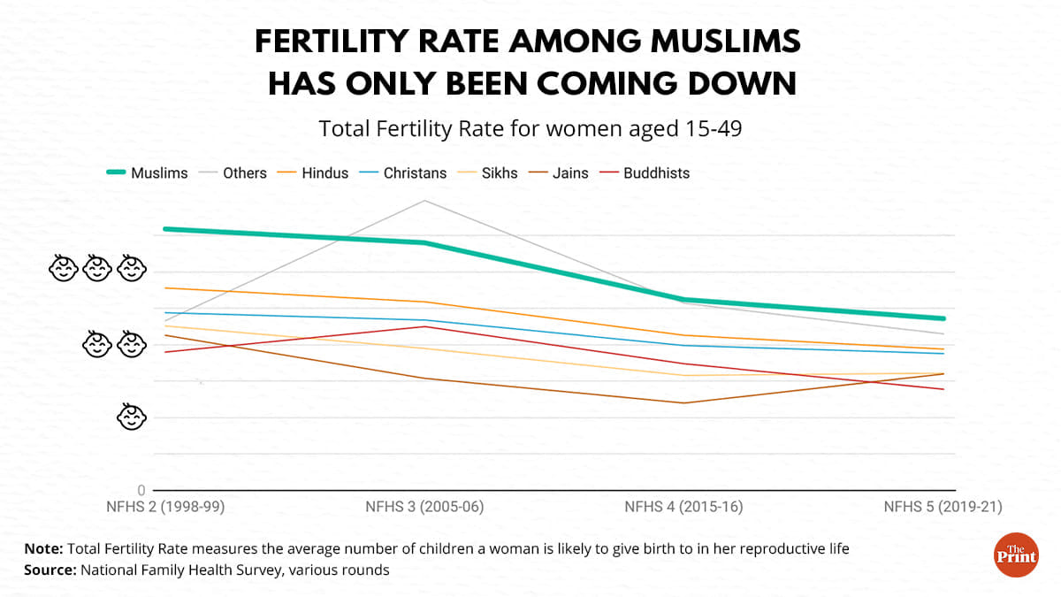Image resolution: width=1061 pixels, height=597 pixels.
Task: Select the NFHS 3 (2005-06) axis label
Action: point(424,508)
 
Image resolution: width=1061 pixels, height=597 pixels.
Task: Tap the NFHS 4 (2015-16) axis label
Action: point(683,508)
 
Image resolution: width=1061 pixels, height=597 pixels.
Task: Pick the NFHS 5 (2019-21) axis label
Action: point(943,508)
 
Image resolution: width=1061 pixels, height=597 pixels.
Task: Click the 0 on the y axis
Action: point(141,490)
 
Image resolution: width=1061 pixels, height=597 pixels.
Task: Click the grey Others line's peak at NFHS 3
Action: point(424,201)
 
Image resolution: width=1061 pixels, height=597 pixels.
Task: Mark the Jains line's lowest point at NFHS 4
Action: point(683,403)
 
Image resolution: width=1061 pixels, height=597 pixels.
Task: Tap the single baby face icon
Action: point(131,417)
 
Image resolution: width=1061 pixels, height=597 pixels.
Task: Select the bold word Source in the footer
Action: point(49,570)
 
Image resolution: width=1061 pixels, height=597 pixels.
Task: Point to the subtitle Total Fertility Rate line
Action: point(530,129)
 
